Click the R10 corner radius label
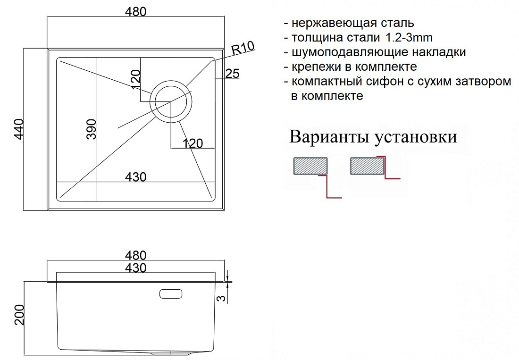243,48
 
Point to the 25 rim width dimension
232,74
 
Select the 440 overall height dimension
19,129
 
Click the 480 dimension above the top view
136,12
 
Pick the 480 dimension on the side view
136,255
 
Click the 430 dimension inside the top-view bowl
136,177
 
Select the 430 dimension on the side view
136,268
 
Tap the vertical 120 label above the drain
136,79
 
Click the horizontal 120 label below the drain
193,143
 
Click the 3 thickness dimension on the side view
222,298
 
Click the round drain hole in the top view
171,101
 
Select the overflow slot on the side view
171,294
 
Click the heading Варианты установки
373,137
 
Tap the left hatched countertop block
310,166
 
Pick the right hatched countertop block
367,166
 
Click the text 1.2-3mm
409,37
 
